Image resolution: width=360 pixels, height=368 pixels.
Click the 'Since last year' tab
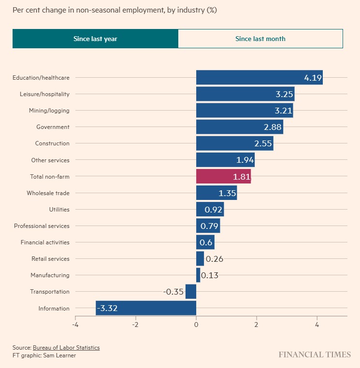tap(95, 39)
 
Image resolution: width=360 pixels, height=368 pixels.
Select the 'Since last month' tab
tap(260, 39)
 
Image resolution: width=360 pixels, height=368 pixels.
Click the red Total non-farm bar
tap(223, 176)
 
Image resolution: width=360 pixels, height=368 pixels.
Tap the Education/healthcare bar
tap(259, 77)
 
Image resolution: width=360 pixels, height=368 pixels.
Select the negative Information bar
tap(146, 308)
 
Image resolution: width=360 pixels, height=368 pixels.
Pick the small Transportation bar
tap(191, 292)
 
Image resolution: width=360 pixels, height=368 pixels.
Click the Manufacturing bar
tap(198, 275)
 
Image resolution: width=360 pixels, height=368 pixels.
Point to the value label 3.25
tap(284, 94)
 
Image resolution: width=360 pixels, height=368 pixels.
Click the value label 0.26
tap(214, 259)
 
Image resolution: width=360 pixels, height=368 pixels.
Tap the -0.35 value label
tap(173, 292)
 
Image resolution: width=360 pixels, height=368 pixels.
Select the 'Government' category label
tap(53, 127)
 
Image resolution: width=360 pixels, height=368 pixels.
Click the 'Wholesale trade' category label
tap(48, 193)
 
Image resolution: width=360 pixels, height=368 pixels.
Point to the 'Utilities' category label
tap(59, 210)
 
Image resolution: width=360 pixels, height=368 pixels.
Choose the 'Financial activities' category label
tap(45, 242)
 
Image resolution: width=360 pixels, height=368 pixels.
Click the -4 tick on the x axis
tap(75, 325)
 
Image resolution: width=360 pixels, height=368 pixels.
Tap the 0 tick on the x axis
tap(196, 325)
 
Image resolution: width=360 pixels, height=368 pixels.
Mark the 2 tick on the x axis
tap(257, 325)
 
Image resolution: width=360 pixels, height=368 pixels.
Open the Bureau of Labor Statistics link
tap(66, 348)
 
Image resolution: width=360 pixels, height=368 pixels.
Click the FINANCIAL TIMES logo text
tap(315, 355)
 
